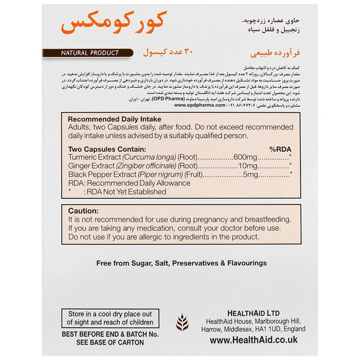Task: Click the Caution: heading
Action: pos(84,211)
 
